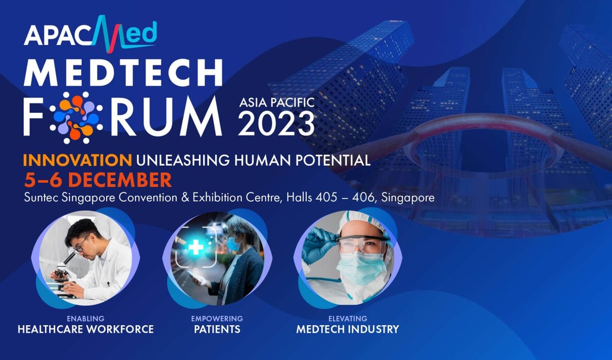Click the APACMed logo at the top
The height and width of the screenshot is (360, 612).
pyautogui.click(x=90, y=34)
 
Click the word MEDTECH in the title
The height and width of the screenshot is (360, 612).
pyautogui.click(x=123, y=73)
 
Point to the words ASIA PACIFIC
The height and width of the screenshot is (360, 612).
pyautogui.click(x=277, y=103)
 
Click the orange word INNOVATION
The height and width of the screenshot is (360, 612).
pyautogui.click(x=77, y=160)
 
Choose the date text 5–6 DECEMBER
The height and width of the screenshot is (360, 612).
pyautogui.click(x=97, y=180)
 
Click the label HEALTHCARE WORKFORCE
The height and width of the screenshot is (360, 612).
pyautogui.click(x=86, y=329)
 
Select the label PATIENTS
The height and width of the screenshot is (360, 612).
pyautogui.click(x=217, y=329)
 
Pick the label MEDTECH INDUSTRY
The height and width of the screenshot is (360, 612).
pyautogui.click(x=348, y=329)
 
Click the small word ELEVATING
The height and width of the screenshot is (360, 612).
pyautogui.click(x=348, y=319)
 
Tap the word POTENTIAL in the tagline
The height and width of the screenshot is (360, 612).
pyautogui.click(x=335, y=160)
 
